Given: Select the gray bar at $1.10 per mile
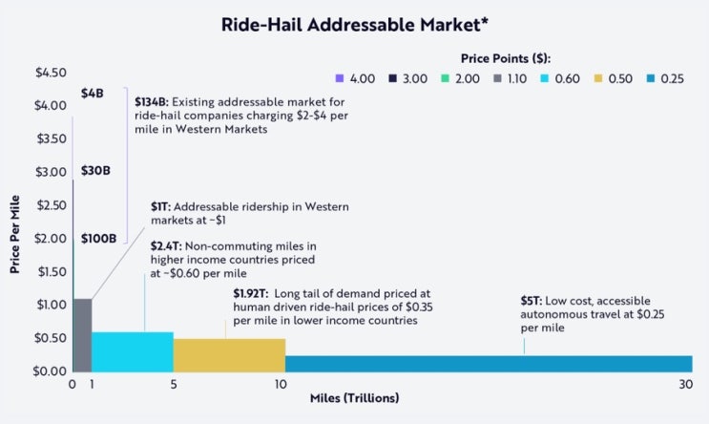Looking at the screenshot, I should click(82, 334).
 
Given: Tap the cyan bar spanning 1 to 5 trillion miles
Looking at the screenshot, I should click(132, 350).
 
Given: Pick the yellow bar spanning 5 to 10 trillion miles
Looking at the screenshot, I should click(229, 354).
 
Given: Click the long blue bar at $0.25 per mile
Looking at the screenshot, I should click(488, 363).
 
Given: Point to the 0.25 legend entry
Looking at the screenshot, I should click(672, 78).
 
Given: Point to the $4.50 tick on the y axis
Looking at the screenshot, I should click(50, 73).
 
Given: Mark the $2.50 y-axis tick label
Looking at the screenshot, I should click(50, 204).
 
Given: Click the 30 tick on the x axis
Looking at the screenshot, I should click(685, 385).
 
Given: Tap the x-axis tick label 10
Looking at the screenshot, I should click(281, 385).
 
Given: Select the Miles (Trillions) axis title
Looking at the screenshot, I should click(354, 397).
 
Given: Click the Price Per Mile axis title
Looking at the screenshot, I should click(15, 222).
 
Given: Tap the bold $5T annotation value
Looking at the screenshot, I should click(531, 300).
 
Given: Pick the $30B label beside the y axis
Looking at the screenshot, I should click(95, 171).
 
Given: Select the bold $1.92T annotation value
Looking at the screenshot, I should click(249, 293).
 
